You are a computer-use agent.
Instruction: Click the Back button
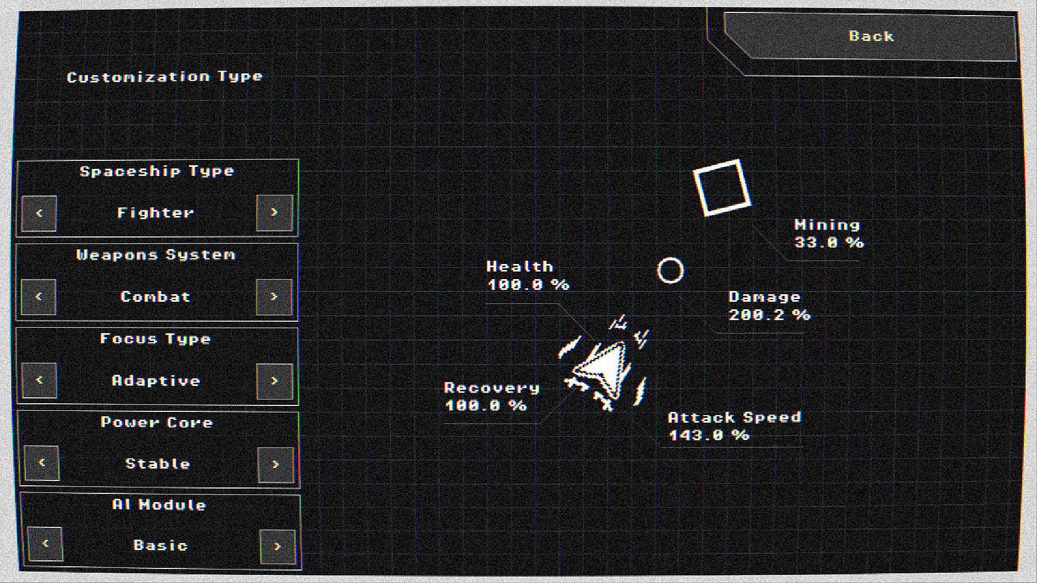(870, 36)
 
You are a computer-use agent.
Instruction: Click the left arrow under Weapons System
(39, 297)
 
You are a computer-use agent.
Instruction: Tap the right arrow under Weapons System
(274, 297)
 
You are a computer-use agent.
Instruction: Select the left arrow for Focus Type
(39, 381)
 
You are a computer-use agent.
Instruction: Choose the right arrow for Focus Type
(275, 381)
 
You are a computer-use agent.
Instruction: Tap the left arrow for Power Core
(42, 463)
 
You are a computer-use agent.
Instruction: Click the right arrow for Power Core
(276, 465)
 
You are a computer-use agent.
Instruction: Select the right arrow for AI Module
(278, 546)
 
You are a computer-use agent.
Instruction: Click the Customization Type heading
(165, 77)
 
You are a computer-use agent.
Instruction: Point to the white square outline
(722, 187)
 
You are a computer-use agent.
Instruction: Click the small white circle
(670, 270)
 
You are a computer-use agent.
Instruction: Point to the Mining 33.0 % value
(829, 242)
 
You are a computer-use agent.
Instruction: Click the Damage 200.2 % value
(770, 315)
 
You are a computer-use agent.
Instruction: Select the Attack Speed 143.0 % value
(709, 435)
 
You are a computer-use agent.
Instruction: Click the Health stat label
(520, 267)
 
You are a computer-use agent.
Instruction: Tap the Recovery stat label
(491, 388)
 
